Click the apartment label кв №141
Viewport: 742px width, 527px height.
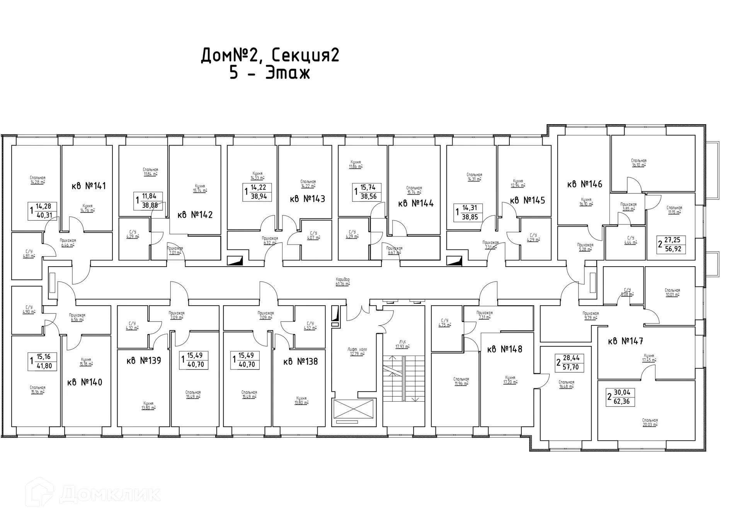(88, 186)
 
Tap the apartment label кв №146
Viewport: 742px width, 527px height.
(584, 184)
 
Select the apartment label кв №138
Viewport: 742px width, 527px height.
(300, 361)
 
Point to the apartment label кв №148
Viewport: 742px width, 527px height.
(504, 349)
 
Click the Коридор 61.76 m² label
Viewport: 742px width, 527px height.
(343, 282)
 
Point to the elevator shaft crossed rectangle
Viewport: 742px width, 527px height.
(354, 409)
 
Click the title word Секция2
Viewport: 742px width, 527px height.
(305, 55)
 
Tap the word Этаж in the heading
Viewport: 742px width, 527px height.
(288, 72)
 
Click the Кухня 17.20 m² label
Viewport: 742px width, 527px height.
(510, 380)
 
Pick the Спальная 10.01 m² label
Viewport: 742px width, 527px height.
(672, 293)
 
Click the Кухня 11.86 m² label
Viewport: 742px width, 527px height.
(356, 164)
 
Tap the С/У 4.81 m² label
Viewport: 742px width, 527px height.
(29, 253)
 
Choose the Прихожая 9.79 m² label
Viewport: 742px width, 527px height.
(591, 316)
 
